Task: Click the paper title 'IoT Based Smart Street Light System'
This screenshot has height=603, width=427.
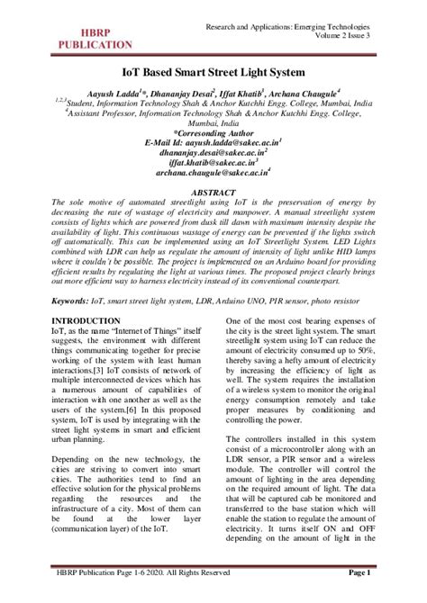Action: [x=213, y=69]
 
